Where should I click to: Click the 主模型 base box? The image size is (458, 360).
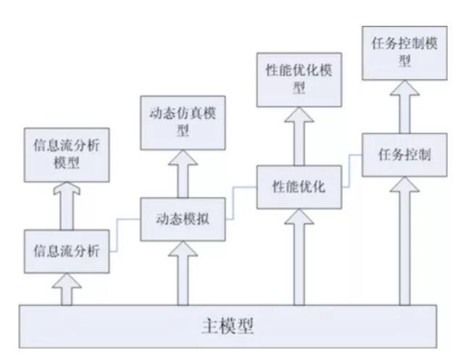228,326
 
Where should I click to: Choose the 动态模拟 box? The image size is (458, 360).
183,219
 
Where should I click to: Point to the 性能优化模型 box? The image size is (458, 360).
299,81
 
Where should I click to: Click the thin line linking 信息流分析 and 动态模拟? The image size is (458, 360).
124,233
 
